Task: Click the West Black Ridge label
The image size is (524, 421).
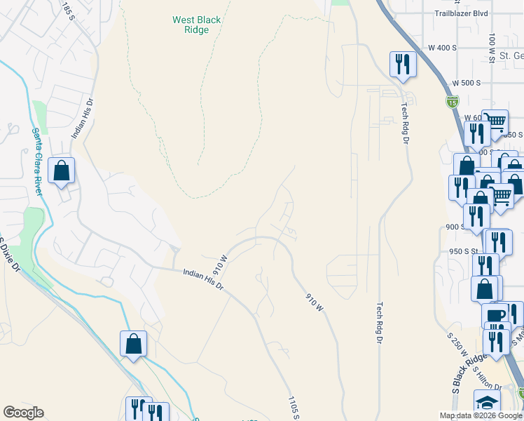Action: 197,25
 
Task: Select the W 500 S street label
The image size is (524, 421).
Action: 466,83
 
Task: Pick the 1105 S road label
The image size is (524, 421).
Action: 294,408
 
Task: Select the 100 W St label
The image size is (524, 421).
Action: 492,49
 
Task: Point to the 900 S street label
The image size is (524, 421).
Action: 456,227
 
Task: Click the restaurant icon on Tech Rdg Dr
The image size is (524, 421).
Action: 403,65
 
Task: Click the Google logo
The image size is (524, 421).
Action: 23,413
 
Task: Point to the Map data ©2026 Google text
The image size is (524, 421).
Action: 481,415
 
